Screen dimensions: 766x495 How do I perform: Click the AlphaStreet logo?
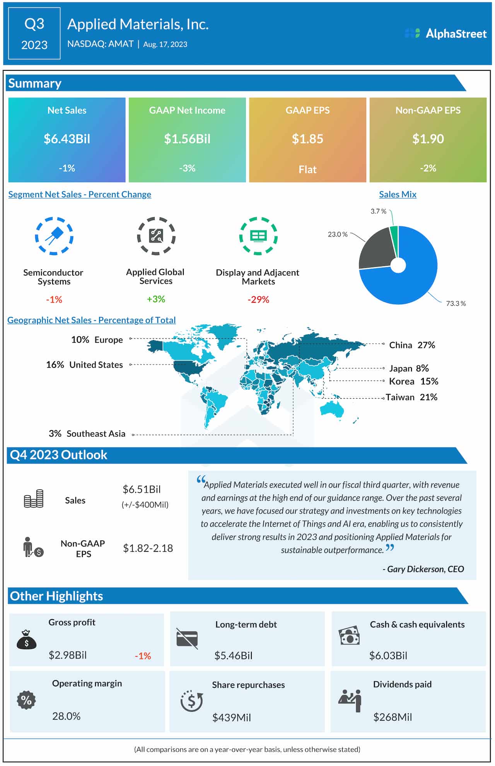445,34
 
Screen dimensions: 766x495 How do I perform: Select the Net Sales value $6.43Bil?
67,139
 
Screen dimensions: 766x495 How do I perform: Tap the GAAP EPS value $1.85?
307,139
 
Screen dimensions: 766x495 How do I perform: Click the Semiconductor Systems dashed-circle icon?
54,236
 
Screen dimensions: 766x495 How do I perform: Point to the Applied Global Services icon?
156,236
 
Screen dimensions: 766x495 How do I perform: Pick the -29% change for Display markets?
258,299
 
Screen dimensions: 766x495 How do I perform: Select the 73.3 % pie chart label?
456,304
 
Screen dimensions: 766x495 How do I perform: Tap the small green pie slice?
394,234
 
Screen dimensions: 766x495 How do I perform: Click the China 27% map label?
412,345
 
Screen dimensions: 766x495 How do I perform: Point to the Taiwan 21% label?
411,397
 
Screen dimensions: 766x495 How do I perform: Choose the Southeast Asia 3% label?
87,433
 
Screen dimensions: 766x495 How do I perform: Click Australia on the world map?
332,409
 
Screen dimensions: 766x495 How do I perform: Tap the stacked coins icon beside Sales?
34,499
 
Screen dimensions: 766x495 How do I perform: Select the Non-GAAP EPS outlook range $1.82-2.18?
148,548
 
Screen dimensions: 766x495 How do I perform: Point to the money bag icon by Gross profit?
26,640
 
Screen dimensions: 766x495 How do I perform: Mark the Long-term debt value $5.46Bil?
233,655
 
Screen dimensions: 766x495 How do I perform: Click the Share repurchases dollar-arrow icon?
191,701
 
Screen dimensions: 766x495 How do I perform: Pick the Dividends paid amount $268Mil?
393,717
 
